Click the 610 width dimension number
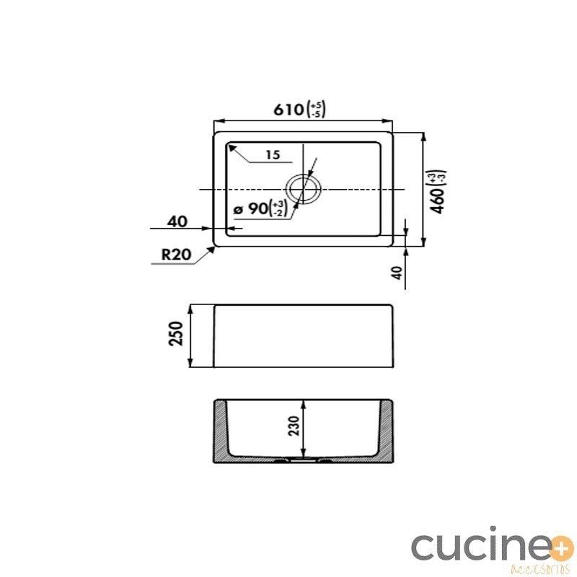(288, 110)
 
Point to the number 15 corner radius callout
(273, 155)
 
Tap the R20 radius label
(176, 255)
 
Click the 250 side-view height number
(175, 333)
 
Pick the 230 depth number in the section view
(294, 426)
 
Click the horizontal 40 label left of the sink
(177, 221)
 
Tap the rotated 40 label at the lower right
(398, 273)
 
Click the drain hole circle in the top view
(304, 175)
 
